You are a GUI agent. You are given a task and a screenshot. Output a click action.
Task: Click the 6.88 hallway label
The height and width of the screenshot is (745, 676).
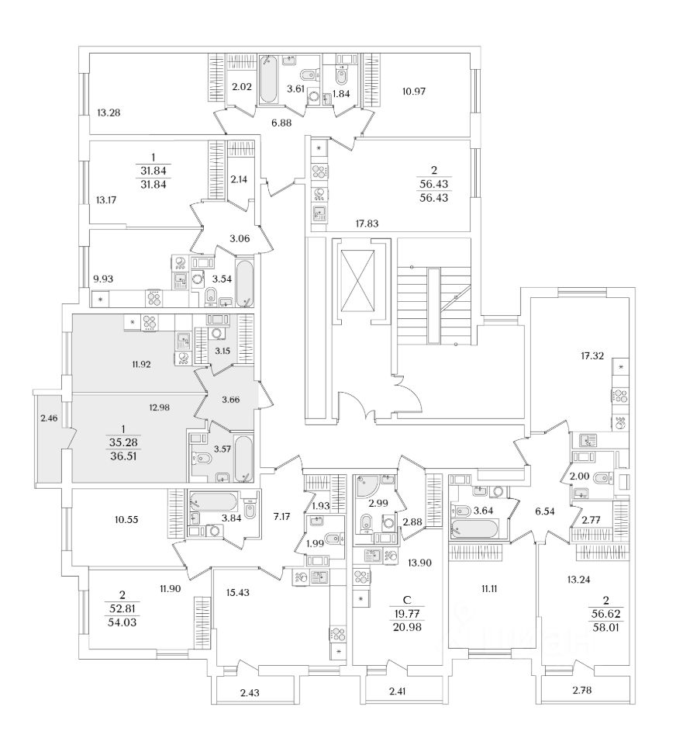coord(281,123)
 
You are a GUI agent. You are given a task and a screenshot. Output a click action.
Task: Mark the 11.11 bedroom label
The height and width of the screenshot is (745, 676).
coord(488,589)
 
